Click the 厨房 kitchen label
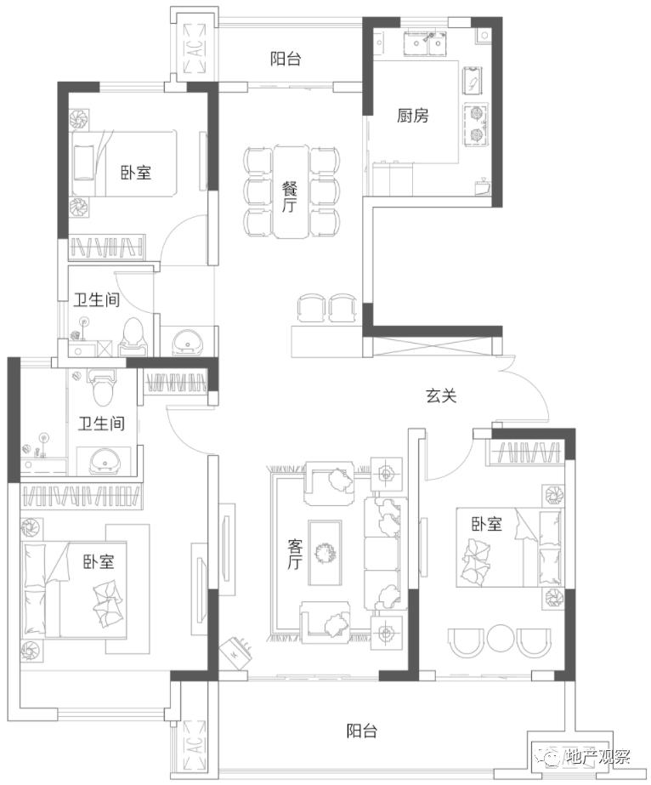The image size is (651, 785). [413, 116]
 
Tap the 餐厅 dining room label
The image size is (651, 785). [289, 196]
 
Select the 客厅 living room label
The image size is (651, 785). [295, 555]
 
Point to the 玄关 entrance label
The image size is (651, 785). [441, 396]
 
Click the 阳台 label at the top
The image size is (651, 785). [286, 59]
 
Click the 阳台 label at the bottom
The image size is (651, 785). [362, 731]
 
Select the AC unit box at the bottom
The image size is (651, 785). [195, 745]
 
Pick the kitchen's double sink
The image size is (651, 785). [425, 43]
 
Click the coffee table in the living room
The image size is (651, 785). [325, 553]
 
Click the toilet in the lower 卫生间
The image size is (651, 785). [102, 388]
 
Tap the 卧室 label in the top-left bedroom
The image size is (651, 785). [136, 173]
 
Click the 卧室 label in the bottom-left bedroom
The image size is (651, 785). [99, 561]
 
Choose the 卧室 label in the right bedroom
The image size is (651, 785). [487, 524]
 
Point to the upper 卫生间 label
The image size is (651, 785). [97, 300]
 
